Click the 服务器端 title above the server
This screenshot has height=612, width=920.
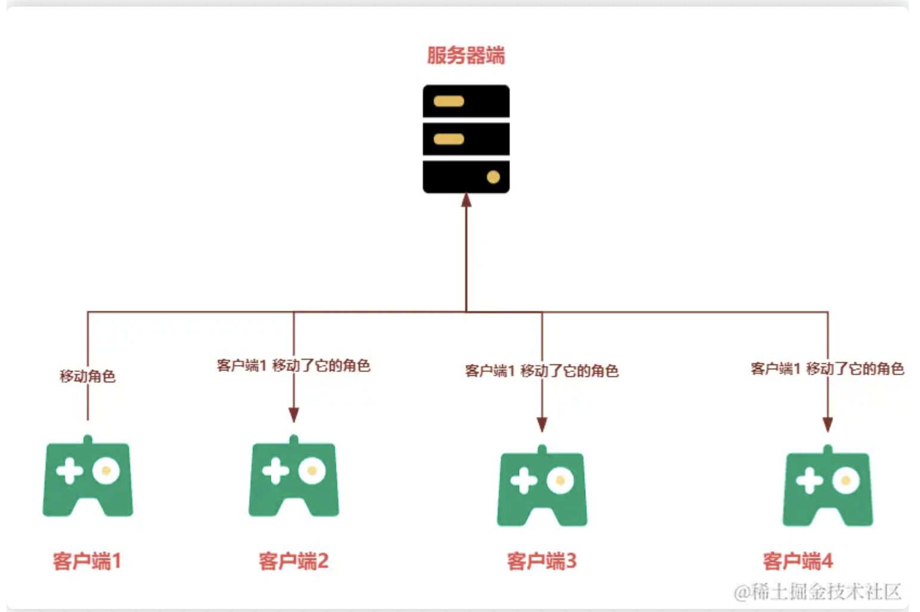pos(466,55)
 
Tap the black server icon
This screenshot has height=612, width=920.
pos(466,139)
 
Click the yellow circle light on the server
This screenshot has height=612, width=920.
pos(493,177)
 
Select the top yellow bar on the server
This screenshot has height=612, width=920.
pos(449,101)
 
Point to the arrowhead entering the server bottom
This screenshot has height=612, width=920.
pos(466,200)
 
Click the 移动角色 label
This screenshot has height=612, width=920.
pos(88,376)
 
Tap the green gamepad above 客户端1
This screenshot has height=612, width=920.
pos(88,475)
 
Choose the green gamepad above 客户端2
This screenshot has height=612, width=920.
pos(294,475)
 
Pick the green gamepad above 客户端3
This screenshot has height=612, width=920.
pos(542,486)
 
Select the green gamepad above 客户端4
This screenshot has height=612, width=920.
pos(828,486)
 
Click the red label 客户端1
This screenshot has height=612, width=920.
pos(87,561)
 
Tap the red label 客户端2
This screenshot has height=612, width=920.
pos(294,561)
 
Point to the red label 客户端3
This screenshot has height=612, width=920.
pos(542,561)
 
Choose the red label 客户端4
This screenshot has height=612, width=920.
pos(798,561)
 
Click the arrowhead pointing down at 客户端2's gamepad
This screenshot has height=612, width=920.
pos(294,415)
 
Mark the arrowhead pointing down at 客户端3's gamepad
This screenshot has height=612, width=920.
pos(542,425)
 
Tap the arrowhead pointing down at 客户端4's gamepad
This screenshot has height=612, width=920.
pos(828,425)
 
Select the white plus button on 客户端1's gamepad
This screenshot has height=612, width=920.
pos(69,471)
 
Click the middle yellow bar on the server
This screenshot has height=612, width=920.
pos(449,139)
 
